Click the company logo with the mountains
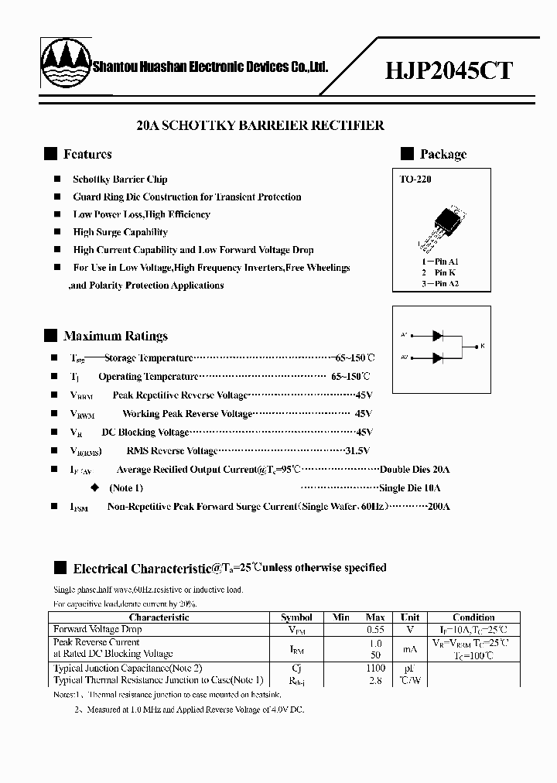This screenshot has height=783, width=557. point(65,66)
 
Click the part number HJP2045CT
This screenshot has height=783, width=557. point(449,70)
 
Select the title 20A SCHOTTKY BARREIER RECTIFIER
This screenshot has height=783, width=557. point(260,125)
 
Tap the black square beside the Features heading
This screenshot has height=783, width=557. point(50,154)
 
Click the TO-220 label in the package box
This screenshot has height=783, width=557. point(415,180)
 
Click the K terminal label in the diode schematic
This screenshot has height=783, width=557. point(482,346)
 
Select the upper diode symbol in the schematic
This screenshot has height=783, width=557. point(437,335)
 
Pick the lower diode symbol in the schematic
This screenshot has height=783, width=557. point(437,357)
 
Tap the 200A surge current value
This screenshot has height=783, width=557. point(438,507)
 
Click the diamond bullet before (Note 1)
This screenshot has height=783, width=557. point(95,488)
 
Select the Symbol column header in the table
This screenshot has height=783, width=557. point(296,617)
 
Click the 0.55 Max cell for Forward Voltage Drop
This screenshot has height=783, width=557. point(374,630)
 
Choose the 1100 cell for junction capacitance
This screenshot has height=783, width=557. point(374,668)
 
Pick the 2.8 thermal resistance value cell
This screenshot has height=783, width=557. point(374,680)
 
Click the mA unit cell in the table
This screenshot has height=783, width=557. point(410,648)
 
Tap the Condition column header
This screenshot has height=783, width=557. point(473,617)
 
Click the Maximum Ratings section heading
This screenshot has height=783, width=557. point(115,336)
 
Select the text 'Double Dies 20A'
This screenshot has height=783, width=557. point(415,470)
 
